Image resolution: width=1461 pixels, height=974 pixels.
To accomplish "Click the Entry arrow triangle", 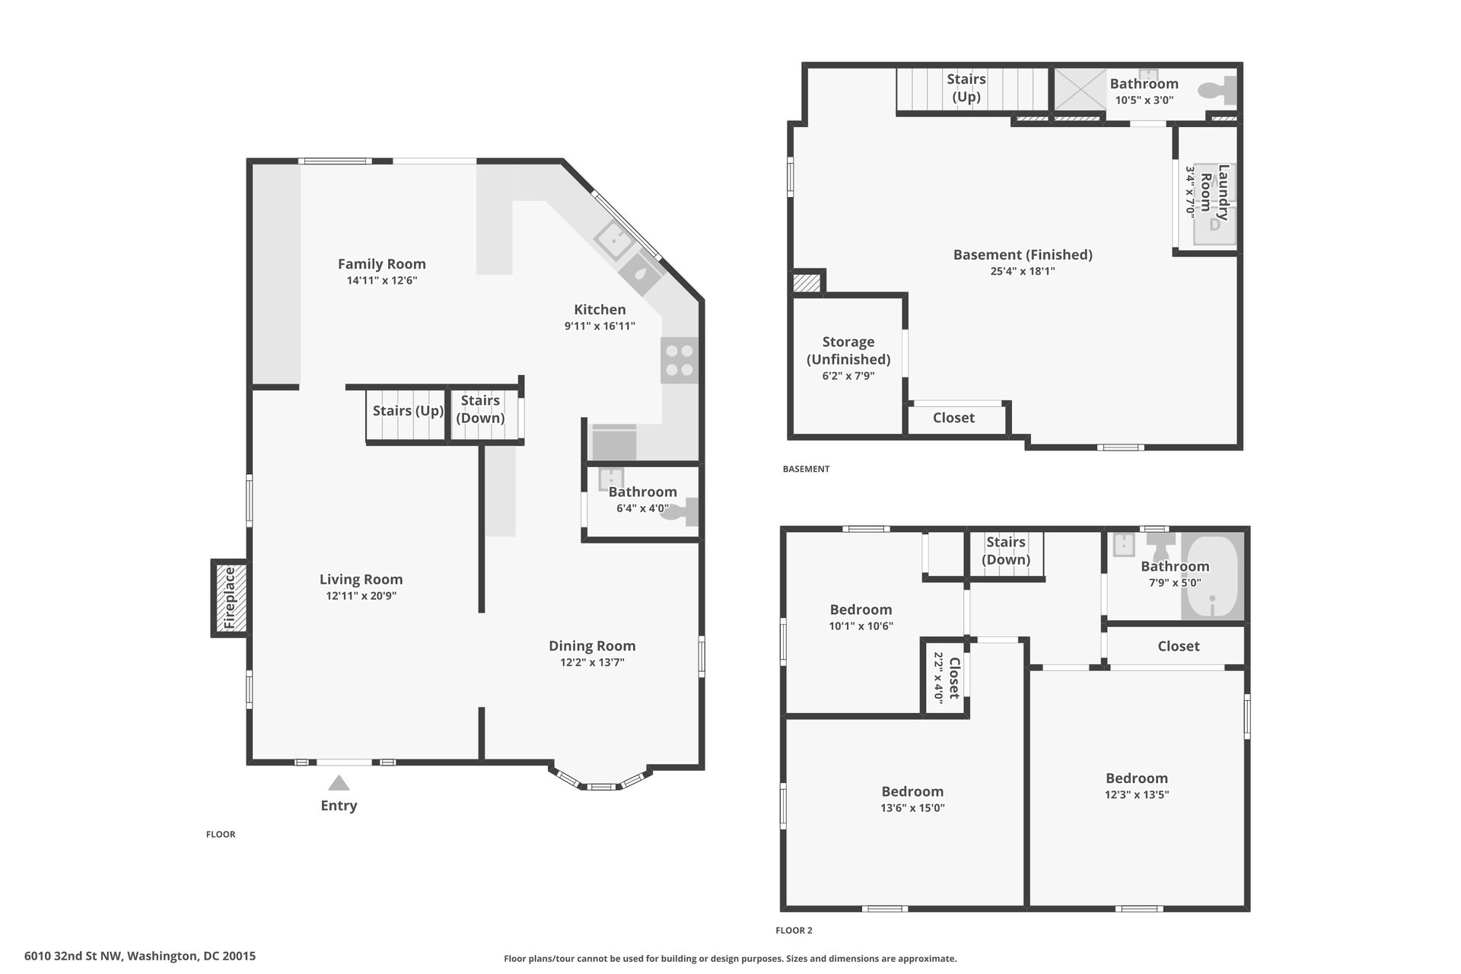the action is tap(339, 783).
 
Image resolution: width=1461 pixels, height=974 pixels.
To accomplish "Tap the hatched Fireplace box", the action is tap(230, 598).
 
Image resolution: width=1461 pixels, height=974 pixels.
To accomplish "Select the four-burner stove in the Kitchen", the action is tap(680, 361).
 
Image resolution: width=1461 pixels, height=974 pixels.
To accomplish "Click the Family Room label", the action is tap(382, 264).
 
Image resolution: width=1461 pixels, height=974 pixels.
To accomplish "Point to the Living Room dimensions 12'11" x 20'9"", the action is tap(361, 596).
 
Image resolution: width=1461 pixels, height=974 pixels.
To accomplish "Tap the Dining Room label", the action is tap(592, 646).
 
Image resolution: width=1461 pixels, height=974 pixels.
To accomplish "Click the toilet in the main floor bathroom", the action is tap(680, 511).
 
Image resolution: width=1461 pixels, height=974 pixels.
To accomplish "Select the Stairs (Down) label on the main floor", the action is tap(480, 409).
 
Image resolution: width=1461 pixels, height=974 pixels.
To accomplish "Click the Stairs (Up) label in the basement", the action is tap(966, 88).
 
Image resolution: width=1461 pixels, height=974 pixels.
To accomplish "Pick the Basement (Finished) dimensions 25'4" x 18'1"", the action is tap(1023, 271).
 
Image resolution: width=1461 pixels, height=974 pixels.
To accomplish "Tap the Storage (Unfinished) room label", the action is tap(848, 351).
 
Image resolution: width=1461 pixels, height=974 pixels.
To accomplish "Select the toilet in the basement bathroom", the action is tap(1217, 91).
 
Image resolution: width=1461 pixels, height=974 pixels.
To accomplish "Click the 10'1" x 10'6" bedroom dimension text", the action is tap(861, 626).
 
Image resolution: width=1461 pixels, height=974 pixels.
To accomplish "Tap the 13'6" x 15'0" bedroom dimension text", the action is tap(912, 808).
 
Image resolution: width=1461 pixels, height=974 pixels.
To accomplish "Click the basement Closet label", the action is tap(953, 418).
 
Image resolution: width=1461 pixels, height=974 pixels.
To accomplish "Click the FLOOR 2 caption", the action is tap(794, 930).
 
